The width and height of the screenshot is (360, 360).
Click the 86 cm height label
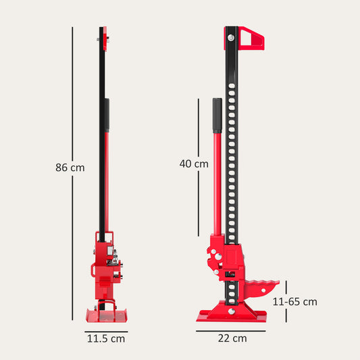click(x=70, y=168)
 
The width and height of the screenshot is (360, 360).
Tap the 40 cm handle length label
click(x=194, y=163)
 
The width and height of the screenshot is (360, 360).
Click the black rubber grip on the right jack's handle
click(x=217, y=115)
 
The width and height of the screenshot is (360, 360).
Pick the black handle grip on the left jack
click(x=106, y=115)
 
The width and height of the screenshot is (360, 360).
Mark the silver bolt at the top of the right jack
click(x=231, y=41)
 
